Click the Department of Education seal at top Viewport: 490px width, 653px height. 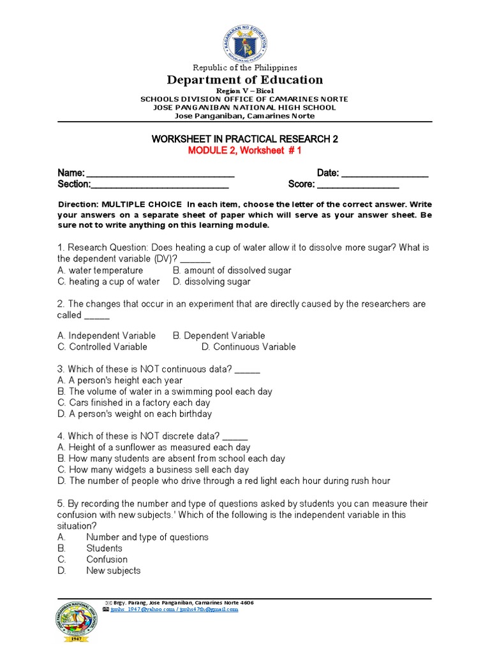click(246, 40)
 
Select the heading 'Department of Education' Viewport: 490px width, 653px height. click(245, 80)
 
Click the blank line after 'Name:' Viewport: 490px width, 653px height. click(160, 173)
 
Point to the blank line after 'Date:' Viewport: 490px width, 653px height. click(385, 173)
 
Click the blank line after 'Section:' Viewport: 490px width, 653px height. click(160, 185)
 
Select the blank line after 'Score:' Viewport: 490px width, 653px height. click(358, 185)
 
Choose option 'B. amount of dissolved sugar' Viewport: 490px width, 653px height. click(232, 270)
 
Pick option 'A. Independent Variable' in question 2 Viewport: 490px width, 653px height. click(107, 335)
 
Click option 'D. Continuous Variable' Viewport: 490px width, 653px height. click(249, 347)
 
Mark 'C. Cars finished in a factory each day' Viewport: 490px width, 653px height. click(134, 402)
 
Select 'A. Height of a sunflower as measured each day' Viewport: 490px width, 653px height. click(154, 448)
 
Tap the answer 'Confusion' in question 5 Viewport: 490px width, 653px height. click(107, 559)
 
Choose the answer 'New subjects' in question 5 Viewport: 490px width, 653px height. click(114, 571)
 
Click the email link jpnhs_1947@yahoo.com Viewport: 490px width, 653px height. click(138, 610)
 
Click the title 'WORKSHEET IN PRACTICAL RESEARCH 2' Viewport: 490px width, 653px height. click(245, 138)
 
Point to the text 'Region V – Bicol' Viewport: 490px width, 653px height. click(245, 92)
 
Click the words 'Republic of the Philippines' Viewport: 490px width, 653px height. click(245, 68)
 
